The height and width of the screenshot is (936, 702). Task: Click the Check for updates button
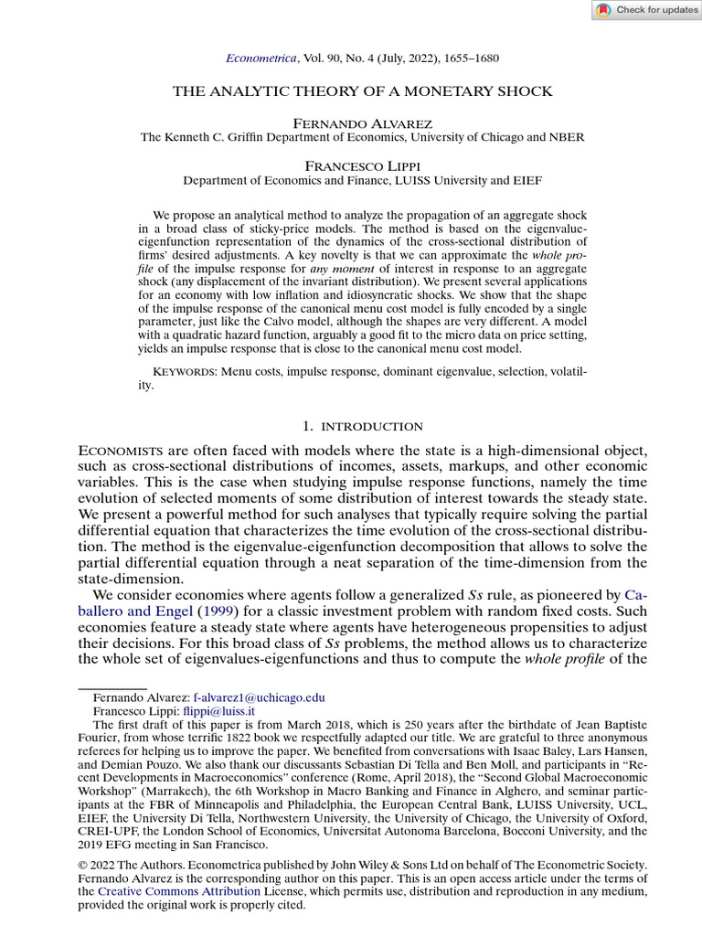coord(645,10)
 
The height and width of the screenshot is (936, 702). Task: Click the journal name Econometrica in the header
coord(261,58)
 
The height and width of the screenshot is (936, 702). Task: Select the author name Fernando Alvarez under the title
coord(350,122)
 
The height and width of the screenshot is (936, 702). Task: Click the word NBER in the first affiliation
coord(566,136)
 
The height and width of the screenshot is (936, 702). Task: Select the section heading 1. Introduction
coord(362,426)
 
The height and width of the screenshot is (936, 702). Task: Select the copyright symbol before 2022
coord(83,865)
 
